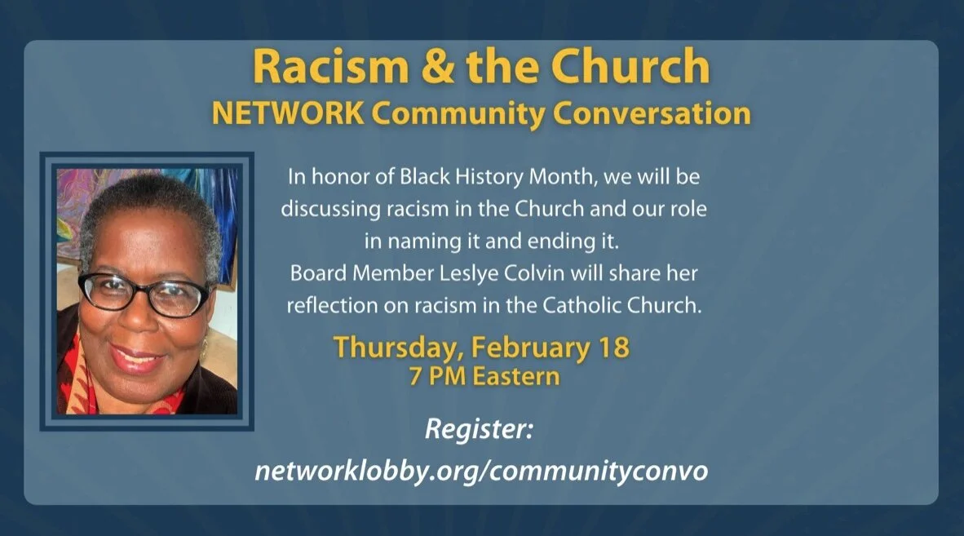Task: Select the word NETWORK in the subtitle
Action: coord(288,113)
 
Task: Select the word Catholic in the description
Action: coord(585,304)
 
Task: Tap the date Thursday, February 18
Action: coord(480,347)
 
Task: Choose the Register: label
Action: coord(478,428)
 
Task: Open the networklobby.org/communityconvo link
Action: coord(480,471)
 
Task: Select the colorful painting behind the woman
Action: coord(82,196)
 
